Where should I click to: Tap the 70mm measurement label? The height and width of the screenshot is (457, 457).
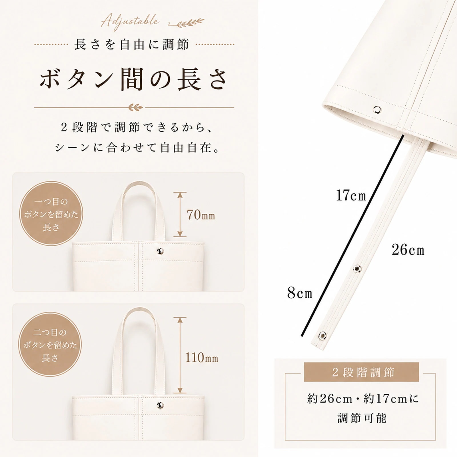(x=201, y=215)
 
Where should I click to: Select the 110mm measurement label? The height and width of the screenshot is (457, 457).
(x=202, y=358)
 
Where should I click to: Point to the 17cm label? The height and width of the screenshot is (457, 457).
(x=351, y=196)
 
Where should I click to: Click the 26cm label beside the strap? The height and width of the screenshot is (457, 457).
(x=408, y=250)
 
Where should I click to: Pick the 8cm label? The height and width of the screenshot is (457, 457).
(x=300, y=293)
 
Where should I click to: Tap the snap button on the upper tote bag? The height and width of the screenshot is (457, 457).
(x=161, y=251)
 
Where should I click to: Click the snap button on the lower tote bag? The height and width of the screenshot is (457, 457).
(x=161, y=405)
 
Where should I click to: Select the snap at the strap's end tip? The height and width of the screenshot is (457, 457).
(x=322, y=335)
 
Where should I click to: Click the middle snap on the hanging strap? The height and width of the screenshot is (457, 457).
(x=357, y=268)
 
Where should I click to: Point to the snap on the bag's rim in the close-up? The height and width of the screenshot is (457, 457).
(x=377, y=109)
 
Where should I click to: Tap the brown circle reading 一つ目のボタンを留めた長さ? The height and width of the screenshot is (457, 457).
(x=51, y=213)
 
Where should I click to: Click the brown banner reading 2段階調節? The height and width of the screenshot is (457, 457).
(x=361, y=372)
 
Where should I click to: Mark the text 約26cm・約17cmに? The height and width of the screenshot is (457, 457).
(x=363, y=399)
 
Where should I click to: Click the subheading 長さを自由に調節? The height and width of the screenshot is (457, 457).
(x=132, y=45)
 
